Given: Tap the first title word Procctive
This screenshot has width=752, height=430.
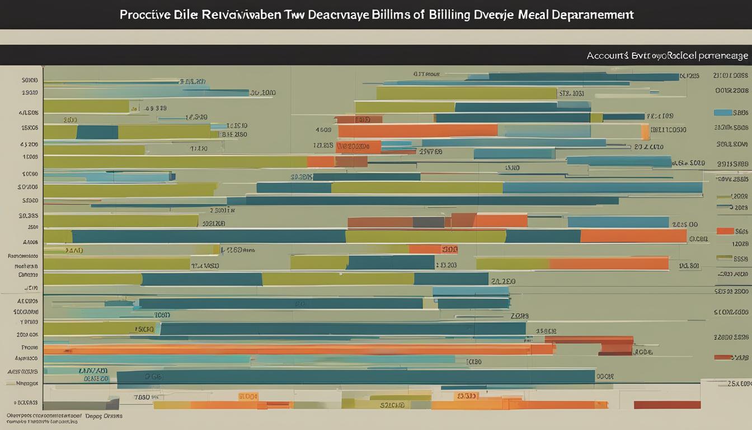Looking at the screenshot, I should (x=145, y=15).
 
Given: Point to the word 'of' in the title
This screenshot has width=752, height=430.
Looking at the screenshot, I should (x=418, y=15).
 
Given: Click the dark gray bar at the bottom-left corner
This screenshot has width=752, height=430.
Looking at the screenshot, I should (x=81, y=404).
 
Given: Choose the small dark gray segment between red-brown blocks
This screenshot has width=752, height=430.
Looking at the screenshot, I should (x=429, y=222).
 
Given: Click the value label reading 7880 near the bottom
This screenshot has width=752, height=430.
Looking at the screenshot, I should (x=142, y=397).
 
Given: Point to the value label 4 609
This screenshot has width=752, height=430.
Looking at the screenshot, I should (x=323, y=130).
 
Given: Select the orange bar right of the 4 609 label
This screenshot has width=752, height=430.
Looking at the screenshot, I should (x=417, y=130).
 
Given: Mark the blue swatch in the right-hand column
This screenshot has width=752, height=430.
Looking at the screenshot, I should (x=723, y=113).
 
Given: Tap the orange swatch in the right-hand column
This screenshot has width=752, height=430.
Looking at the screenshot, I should (x=725, y=231).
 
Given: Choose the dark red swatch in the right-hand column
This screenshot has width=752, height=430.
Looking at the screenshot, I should (x=723, y=357).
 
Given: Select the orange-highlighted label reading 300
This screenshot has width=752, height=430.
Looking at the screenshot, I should (x=449, y=250).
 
